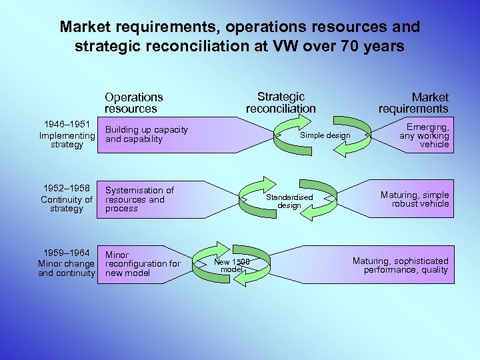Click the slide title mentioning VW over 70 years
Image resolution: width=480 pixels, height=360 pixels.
(x=240, y=37)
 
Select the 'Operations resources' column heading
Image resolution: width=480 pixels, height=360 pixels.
(x=133, y=103)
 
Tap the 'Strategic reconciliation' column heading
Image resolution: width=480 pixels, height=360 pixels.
(x=281, y=103)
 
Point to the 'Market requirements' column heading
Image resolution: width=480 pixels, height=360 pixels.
(x=414, y=103)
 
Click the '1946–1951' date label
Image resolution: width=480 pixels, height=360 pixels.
(x=67, y=125)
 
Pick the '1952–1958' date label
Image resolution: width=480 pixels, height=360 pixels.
(x=67, y=189)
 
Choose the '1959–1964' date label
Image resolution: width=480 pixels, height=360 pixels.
(x=67, y=253)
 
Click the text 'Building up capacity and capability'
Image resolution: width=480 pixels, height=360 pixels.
(x=147, y=135)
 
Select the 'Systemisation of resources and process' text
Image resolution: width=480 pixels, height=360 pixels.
(x=139, y=199)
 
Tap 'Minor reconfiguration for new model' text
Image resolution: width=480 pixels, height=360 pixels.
(x=143, y=264)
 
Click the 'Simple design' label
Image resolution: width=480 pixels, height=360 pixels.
(x=325, y=136)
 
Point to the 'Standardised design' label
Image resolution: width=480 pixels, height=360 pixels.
(x=289, y=201)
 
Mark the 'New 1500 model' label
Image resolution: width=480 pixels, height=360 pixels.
(x=231, y=265)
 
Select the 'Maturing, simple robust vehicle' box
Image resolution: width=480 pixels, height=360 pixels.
(x=415, y=199)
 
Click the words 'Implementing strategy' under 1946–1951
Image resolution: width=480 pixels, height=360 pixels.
(x=67, y=140)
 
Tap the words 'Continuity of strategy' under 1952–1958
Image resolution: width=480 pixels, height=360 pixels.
(x=67, y=204)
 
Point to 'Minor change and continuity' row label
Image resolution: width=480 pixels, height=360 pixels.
(x=67, y=268)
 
